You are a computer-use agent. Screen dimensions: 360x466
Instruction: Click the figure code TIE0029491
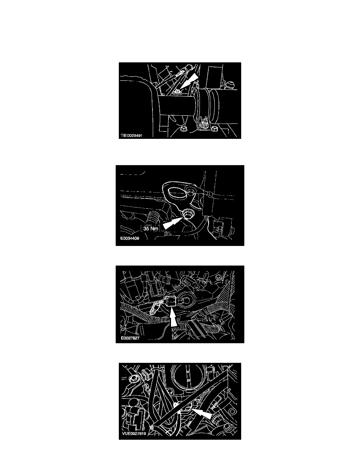point(132,135)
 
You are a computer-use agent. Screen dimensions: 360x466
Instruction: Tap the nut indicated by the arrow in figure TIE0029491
point(177,92)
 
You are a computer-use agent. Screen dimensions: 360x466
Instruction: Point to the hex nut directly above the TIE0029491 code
point(184,129)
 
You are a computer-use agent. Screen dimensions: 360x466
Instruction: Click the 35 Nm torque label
point(151,229)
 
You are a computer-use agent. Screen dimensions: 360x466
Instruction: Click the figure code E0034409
point(129,238)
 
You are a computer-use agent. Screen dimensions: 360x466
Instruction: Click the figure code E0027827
point(130,338)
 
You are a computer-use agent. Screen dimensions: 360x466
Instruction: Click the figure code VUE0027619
point(134,433)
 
